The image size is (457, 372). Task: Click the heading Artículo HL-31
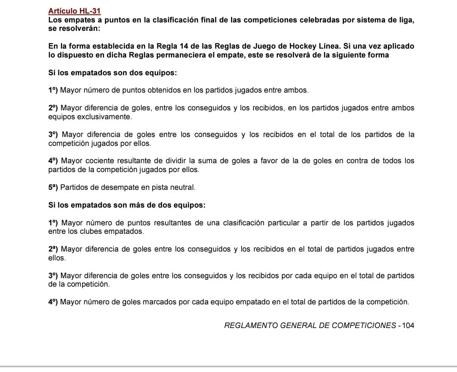(x=74, y=11)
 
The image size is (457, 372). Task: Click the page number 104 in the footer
(x=408, y=325)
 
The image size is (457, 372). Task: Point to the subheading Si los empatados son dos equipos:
(x=113, y=73)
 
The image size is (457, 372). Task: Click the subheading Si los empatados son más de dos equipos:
(x=127, y=205)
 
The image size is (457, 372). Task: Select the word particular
(x=281, y=223)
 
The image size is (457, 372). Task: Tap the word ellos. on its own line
(x=57, y=258)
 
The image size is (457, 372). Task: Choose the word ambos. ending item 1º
(x=298, y=90)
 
